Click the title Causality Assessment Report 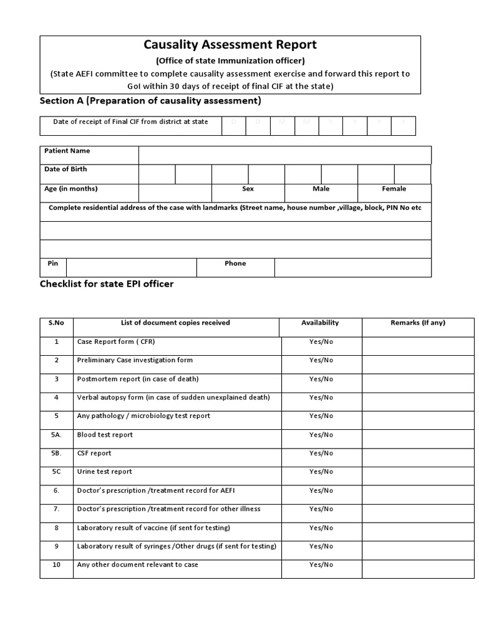[x=230, y=45]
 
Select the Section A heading [x=150, y=100]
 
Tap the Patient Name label [x=67, y=151]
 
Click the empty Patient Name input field [x=284, y=155]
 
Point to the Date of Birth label [x=65, y=169]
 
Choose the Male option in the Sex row [x=321, y=189]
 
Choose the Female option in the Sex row [x=394, y=189]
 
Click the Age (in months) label [x=70, y=189]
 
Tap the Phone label [x=235, y=264]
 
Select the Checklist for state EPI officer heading [x=107, y=284]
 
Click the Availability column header [x=320, y=323]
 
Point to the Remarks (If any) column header [x=418, y=323]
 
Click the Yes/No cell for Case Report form [x=321, y=342]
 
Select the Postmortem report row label [x=138, y=379]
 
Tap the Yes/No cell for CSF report [x=321, y=454]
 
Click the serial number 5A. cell [x=56, y=435]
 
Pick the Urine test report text [x=105, y=472]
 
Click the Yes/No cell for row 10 [x=321, y=565]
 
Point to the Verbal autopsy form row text [x=173, y=398]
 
